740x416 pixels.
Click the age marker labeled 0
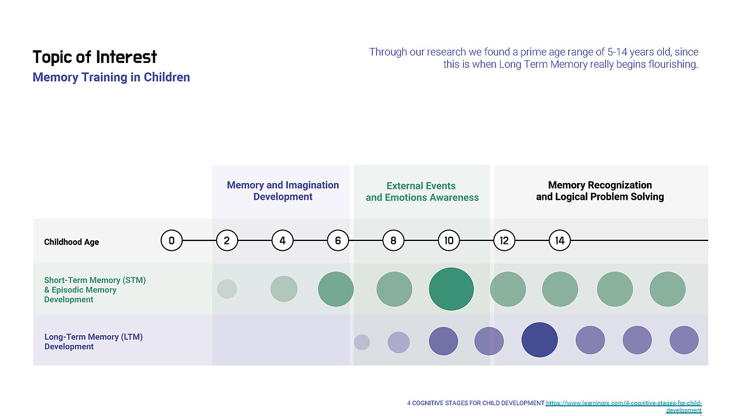[172, 240]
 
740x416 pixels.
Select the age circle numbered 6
[338, 240]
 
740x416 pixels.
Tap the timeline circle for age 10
[449, 240]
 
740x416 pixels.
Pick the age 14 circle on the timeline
[560, 240]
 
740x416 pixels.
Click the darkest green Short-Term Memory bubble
[452, 289]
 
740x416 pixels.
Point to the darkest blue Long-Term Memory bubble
[539, 340]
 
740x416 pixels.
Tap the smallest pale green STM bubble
[227, 289]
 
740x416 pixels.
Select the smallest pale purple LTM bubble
[362, 342]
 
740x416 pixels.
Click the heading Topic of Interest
[95, 57]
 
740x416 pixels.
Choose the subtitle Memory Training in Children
[112, 77]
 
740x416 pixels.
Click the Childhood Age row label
[71, 242]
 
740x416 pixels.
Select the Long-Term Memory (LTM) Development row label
[94, 341]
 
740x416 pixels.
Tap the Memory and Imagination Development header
[283, 191]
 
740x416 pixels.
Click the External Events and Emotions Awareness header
[422, 191]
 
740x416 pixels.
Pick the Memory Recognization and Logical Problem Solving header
[600, 191]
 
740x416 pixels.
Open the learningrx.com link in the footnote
[624, 406]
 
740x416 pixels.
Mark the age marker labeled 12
[504, 240]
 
